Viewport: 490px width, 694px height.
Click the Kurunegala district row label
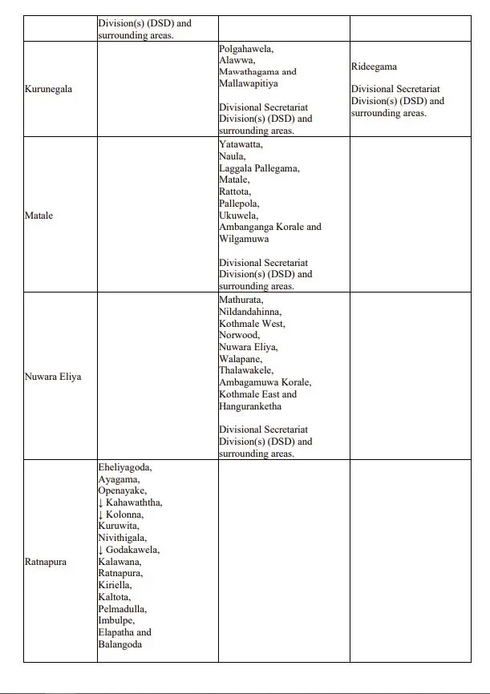[x=48, y=89]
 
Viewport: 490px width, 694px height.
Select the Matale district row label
[x=38, y=216]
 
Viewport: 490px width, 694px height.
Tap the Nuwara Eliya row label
[x=53, y=377]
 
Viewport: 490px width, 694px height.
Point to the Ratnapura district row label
[x=46, y=562]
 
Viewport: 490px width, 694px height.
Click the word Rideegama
[x=374, y=67]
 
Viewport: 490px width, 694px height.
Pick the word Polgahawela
[x=246, y=49]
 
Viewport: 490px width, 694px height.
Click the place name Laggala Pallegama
[x=258, y=168]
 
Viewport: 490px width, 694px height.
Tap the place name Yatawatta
[x=241, y=145]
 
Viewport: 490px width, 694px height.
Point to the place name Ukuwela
[x=238, y=216]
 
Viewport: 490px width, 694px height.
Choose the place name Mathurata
[x=240, y=300]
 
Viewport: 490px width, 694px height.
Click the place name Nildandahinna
[x=250, y=312]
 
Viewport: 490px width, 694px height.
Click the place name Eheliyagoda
[x=124, y=467]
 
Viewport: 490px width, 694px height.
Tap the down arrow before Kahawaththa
[x=101, y=502]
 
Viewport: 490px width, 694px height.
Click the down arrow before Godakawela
[x=101, y=550]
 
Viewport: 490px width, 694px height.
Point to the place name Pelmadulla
[x=122, y=609]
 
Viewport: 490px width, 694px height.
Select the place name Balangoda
[x=119, y=644]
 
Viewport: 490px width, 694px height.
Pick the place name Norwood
[x=239, y=335]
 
